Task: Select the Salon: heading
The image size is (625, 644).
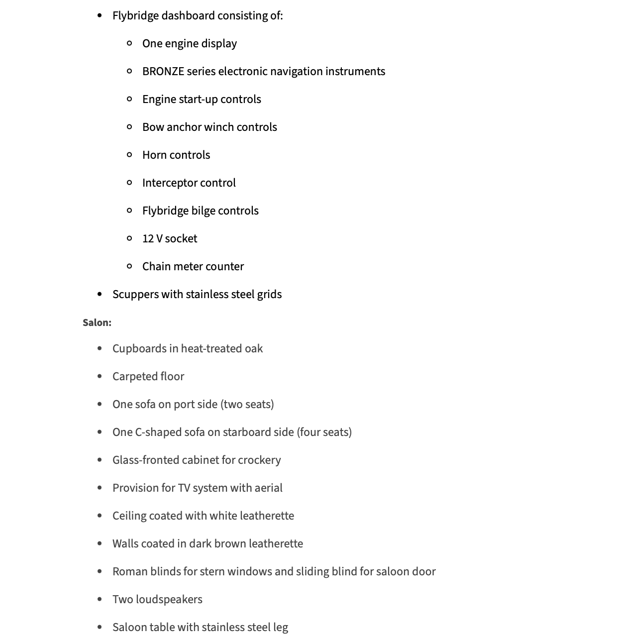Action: (97, 322)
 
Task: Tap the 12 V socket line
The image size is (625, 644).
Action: (170, 239)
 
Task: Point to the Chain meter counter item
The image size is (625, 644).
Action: (193, 267)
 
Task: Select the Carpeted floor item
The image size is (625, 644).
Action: (148, 377)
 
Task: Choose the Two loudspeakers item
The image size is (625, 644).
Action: (157, 600)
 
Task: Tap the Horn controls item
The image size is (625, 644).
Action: (176, 155)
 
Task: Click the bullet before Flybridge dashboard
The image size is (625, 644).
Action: (100, 16)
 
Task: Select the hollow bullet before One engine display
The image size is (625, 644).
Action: (130, 43)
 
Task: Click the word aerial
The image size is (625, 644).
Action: (268, 488)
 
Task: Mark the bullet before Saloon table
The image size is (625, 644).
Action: (100, 628)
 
